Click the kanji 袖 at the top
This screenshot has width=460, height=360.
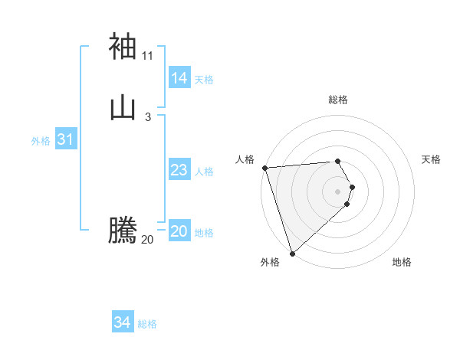[x=123, y=46]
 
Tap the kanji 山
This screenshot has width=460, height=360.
[x=123, y=108]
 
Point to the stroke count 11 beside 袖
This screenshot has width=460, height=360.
[x=148, y=55]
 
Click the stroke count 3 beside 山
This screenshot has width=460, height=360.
[x=148, y=116]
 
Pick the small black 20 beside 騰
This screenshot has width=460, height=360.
[x=148, y=239]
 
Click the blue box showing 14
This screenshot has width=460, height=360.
[x=179, y=78]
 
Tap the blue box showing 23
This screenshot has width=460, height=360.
[x=179, y=170]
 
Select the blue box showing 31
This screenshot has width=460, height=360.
[x=65, y=139]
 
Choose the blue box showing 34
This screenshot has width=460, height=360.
[x=123, y=322]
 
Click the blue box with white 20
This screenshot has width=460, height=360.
[x=179, y=231]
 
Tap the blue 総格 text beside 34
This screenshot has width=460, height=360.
[x=147, y=324]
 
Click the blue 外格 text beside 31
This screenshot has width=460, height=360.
[x=41, y=141]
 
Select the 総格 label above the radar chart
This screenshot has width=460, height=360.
[x=338, y=100]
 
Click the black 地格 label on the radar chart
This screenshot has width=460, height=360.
[x=402, y=263]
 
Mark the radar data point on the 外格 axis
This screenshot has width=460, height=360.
[x=292, y=254]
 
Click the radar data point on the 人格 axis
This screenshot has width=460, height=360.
[x=264, y=168]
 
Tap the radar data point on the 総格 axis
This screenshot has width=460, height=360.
[x=338, y=161]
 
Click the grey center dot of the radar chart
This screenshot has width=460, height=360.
[x=338, y=191]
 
